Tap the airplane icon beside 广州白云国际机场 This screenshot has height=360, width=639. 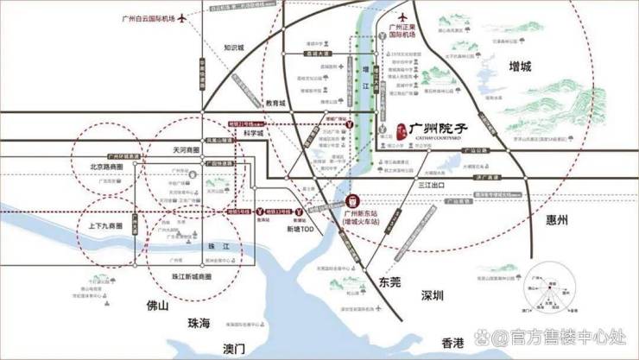(182, 18)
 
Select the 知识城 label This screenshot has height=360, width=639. (234, 47)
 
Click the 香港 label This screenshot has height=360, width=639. (452, 342)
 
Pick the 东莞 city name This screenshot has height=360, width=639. (389, 281)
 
